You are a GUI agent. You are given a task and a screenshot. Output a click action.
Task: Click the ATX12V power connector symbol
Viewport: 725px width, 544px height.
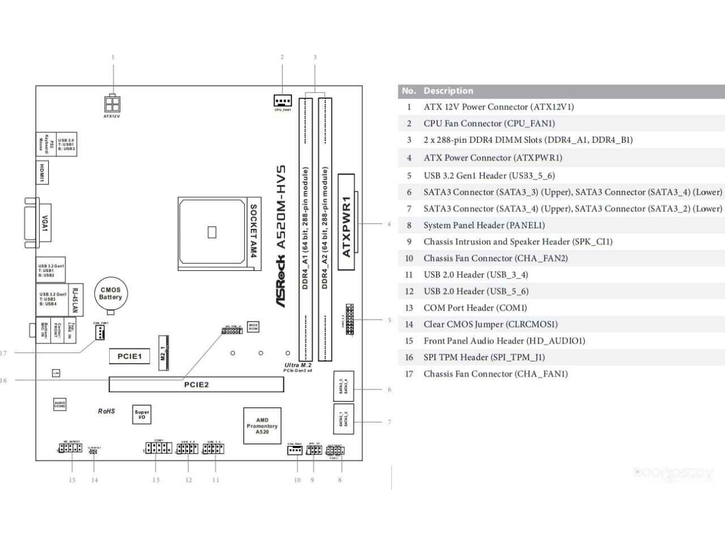[x=112, y=103]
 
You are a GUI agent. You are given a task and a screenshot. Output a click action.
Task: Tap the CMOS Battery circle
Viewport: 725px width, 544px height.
[x=110, y=294]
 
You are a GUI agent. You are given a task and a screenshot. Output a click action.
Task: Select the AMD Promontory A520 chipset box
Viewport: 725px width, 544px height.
[x=262, y=426]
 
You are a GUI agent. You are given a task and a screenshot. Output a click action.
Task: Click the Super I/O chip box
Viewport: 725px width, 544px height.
[x=142, y=415]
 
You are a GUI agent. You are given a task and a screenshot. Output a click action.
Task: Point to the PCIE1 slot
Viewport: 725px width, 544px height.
[x=129, y=356]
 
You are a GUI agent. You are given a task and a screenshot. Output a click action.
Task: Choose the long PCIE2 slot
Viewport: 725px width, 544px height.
[x=196, y=385]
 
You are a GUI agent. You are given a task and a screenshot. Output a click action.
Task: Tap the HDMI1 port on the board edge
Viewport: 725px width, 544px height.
[x=42, y=172]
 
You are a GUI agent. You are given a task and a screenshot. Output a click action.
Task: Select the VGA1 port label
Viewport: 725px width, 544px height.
[x=44, y=223]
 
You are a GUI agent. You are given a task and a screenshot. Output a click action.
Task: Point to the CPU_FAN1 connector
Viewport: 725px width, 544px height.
[x=282, y=101]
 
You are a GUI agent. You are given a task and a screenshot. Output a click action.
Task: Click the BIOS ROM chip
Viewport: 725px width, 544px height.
[x=253, y=328]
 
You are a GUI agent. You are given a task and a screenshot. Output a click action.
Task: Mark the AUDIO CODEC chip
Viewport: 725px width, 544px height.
[x=60, y=405]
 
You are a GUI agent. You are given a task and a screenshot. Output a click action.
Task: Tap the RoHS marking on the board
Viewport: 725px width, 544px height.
[x=106, y=411]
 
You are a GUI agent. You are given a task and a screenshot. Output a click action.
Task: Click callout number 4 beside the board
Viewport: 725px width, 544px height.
[x=389, y=224]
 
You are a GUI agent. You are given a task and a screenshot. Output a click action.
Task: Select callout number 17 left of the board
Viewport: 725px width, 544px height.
[x=3, y=353]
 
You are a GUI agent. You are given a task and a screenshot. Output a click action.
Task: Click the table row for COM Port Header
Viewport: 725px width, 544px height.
[x=475, y=308]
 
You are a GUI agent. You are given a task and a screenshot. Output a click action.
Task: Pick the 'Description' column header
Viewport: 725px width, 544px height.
[x=448, y=91]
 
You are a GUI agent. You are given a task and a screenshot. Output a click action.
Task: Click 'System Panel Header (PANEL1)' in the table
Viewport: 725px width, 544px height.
[x=484, y=225]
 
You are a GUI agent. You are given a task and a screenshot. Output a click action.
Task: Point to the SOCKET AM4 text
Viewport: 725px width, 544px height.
[x=253, y=231]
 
